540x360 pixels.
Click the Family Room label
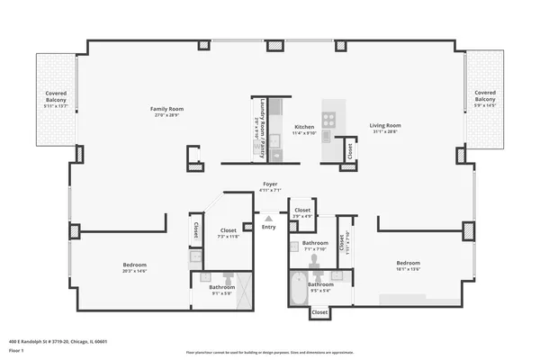166,112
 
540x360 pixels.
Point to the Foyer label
270,186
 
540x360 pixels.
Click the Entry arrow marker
268,219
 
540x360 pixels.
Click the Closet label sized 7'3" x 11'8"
229,233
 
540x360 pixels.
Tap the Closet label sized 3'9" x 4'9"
302,212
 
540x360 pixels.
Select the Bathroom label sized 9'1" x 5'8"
221,288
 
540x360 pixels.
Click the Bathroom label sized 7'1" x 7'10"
315,245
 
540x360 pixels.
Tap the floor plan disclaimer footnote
269,352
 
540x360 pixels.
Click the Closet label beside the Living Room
349,151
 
